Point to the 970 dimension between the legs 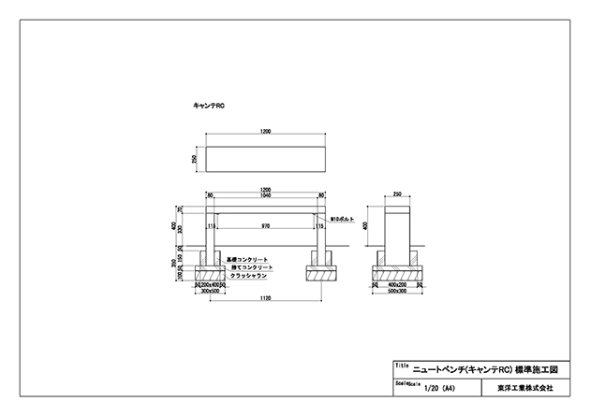(265, 225)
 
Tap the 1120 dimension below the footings (265, 297)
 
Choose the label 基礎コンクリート (247, 259)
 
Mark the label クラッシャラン (247, 276)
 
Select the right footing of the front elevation (320, 272)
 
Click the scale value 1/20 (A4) (438, 385)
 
